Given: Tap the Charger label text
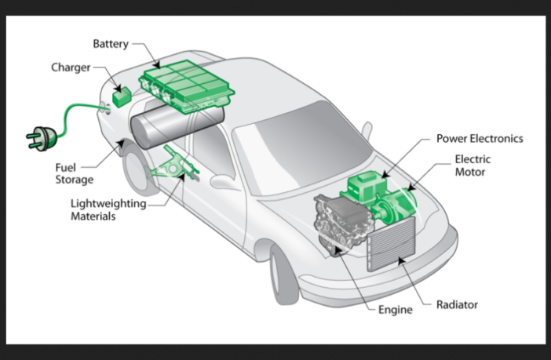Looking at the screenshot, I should tap(71, 67).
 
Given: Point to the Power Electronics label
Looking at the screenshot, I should tap(479, 139).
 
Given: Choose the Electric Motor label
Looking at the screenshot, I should tap(472, 165).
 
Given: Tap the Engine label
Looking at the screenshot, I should tap(395, 310).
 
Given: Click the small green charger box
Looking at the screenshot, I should tap(122, 98).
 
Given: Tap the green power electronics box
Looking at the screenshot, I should tap(369, 187).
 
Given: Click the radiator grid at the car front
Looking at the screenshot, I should tap(390, 244).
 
